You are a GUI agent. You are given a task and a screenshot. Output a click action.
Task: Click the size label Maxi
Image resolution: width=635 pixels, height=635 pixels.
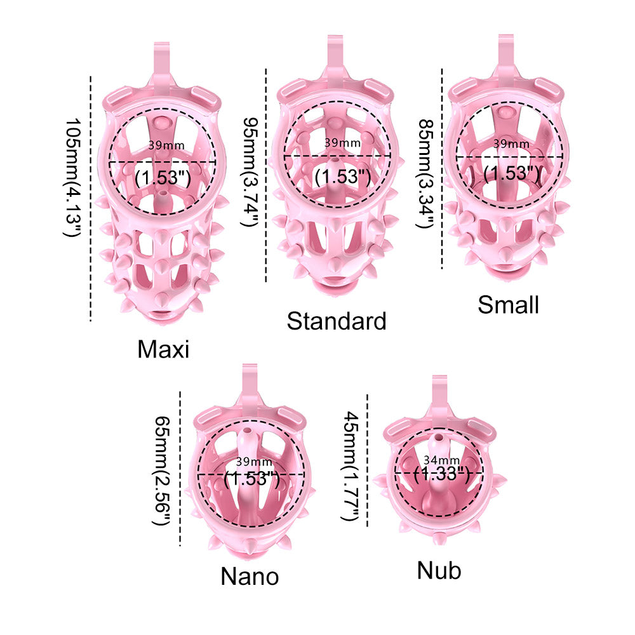tap(163, 349)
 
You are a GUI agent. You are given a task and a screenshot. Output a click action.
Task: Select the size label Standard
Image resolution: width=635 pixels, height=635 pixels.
tap(337, 321)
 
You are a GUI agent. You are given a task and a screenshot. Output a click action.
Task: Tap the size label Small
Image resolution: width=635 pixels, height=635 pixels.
tap(508, 305)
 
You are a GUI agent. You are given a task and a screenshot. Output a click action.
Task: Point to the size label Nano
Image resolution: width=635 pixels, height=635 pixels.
tap(250, 576)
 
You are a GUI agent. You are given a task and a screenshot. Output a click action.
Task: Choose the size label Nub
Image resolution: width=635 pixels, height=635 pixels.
tap(439, 571)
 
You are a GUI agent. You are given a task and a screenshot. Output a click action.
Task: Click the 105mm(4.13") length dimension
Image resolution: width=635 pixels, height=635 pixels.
tap(73, 177)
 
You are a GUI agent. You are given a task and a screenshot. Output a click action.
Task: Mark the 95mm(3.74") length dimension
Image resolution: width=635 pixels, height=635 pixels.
tap(250, 172)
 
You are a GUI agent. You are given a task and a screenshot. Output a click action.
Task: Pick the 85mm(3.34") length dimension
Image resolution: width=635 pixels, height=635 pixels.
tap(426, 174)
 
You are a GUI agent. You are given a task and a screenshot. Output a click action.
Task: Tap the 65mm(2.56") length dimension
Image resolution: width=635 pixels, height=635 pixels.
tap(163, 471)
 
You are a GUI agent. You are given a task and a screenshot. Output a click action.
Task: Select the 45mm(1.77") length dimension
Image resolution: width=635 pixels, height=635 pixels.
tap(351, 466)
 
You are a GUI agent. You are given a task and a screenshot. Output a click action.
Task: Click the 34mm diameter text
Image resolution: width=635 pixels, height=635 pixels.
tap(441, 460)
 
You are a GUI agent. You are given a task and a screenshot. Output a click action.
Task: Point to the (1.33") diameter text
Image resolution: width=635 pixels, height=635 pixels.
tap(441, 474)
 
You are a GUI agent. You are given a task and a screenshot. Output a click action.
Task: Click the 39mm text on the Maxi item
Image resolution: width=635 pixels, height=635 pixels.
tap(166, 145)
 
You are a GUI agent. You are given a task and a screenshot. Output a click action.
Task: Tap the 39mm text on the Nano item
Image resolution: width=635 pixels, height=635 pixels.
tap(255, 461)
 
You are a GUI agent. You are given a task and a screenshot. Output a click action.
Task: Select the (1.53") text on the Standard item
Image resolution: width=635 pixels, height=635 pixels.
tap(343, 177)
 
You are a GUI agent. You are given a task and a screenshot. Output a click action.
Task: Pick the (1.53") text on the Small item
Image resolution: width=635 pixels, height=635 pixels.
tap(511, 173)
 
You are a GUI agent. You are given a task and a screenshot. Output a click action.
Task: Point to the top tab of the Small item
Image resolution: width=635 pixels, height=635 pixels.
tap(506, 51)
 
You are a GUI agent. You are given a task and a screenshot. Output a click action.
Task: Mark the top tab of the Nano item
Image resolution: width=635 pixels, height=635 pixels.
tap(250, 380)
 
